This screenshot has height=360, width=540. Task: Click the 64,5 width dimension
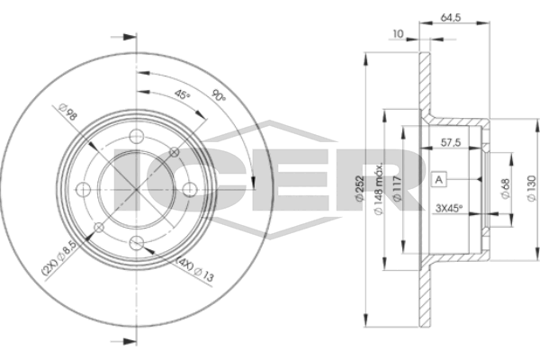[451, 17]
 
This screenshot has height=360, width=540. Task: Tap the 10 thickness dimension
[398, 34]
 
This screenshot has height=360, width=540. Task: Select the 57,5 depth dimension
[451, 142]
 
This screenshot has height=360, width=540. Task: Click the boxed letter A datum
[439, 179]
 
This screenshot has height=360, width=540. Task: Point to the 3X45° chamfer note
[449, 208]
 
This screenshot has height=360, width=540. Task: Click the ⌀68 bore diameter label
[506, 188]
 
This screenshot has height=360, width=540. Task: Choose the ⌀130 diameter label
[532, 188]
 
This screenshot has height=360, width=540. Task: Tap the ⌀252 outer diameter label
[359, 188]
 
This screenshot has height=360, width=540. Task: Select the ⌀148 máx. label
[379, 188]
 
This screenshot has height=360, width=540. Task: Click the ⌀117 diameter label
[397, 188]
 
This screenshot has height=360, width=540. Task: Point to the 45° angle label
[182, 94]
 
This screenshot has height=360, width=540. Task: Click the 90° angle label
[218, 95]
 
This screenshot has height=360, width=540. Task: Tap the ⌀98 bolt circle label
[67, 112]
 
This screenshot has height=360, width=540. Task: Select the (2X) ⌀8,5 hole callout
[58, 257]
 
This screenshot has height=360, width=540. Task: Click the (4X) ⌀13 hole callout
[195, 270]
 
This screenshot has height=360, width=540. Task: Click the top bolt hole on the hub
[137, 136]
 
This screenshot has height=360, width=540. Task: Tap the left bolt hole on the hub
[83, 190]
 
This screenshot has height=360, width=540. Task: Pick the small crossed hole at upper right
[175, 151]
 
